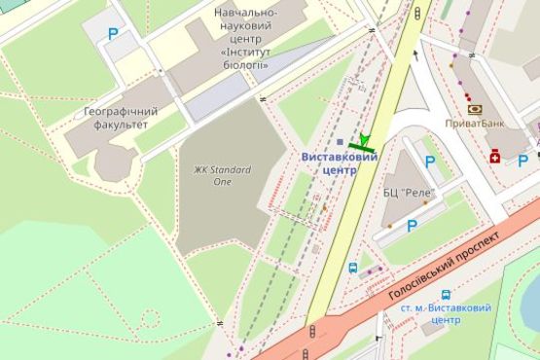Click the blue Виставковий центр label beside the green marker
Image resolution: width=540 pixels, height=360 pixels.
pos(339,162)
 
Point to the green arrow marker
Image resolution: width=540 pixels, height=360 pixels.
pos(365,142)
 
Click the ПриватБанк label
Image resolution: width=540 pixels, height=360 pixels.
pos(474,124)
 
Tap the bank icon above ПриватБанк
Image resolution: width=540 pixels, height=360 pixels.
pos(474,109)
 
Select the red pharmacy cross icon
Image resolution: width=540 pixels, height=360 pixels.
pos(494,156)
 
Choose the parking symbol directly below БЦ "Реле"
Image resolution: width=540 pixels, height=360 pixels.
pos(412,226)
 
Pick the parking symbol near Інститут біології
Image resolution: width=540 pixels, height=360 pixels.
pos(113,34)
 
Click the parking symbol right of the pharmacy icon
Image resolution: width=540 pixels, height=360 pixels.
pos(522,161)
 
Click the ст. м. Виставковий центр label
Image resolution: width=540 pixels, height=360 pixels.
pos(446,313)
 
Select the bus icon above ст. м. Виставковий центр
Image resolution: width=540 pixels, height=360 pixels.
pos(446,294)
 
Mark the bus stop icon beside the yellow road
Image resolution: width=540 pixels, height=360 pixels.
pos(353,268)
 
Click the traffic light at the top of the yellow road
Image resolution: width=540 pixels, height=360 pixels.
pos(418,13)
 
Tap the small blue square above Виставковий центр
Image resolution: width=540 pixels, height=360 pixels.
pos(339,142)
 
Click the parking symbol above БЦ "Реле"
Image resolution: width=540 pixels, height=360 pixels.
pos(430,162)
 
